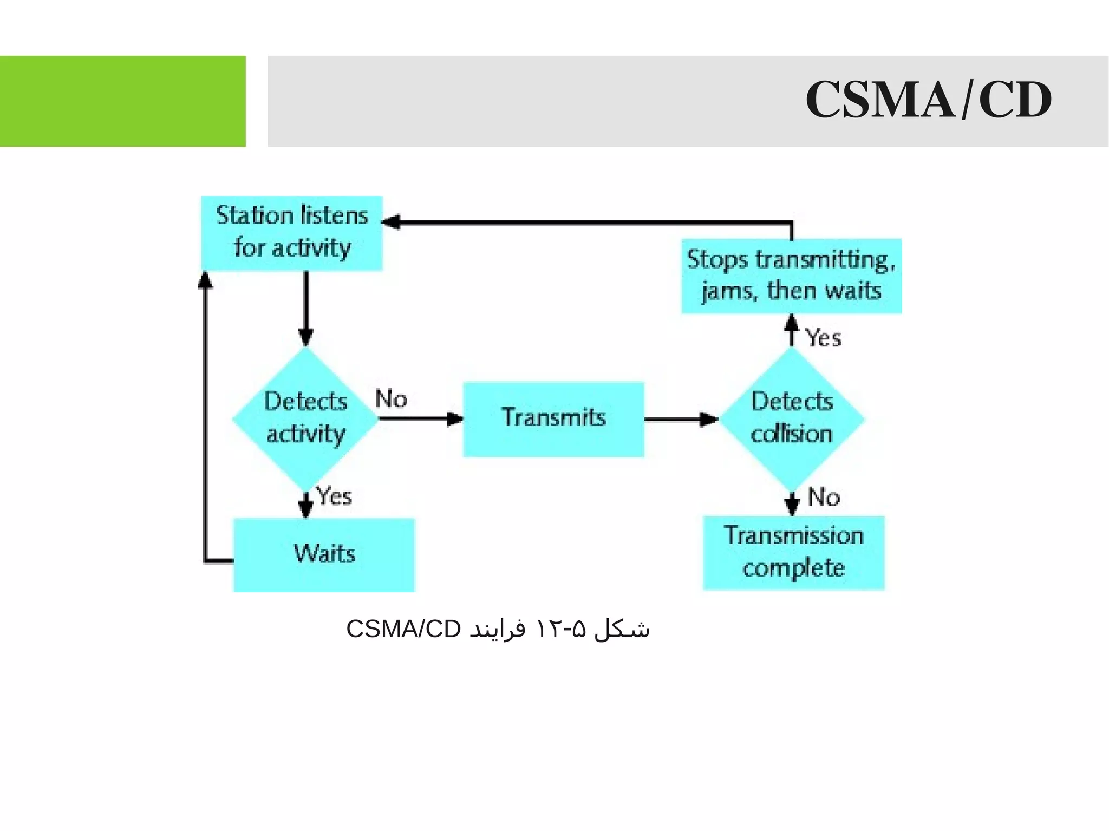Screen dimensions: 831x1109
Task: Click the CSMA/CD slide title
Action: [928, 100]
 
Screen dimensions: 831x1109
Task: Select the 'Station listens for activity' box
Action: [292, 233]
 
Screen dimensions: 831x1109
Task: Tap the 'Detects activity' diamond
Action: [305, 418]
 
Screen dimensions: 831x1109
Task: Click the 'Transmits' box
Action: [553, 419]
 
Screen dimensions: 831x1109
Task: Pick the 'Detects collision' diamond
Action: [792, 418]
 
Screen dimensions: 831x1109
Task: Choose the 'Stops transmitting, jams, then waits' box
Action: [791, 276]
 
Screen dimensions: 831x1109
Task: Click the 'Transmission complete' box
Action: [793, 553]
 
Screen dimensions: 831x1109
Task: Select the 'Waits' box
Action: [324, 554]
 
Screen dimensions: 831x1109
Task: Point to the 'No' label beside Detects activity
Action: [391, 399]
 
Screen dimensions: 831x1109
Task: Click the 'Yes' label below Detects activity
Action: [334, 496]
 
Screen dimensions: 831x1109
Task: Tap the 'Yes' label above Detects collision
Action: [823, 338]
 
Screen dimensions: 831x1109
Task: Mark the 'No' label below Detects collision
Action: [824, 497]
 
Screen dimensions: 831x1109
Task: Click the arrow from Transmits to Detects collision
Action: [681, 419]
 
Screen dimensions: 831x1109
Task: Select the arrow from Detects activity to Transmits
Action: [420, 418]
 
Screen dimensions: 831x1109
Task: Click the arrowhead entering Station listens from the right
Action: [391, 222]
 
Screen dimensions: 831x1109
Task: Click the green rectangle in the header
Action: [122, 101]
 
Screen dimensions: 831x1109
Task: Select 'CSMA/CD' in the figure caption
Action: [403, 629]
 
